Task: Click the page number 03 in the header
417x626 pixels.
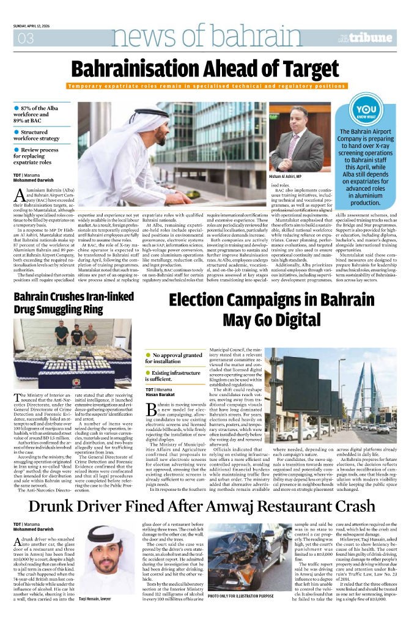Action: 26,39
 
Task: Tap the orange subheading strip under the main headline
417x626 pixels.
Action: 208,86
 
